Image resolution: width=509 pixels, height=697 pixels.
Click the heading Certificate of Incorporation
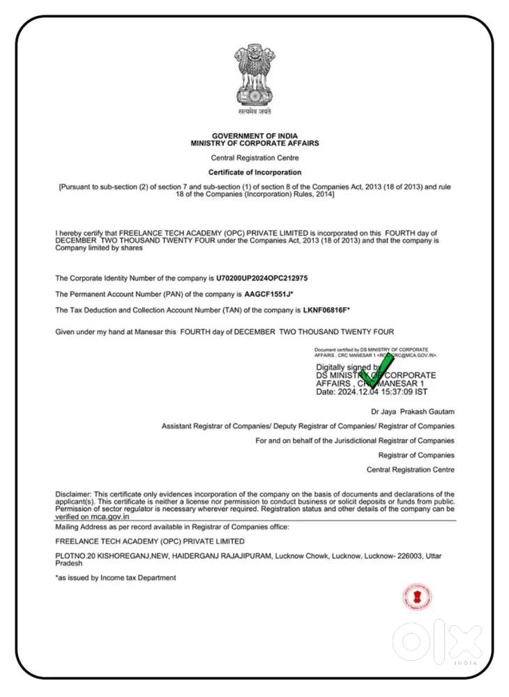[x=254, y=172]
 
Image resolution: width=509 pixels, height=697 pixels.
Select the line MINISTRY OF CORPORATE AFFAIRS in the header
[x=254, y=143]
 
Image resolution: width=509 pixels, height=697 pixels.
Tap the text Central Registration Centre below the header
[x=254, y=158]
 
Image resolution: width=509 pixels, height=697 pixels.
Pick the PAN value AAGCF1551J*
[x=268, y=294]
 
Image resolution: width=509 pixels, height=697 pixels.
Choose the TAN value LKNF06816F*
[x=317, y=309]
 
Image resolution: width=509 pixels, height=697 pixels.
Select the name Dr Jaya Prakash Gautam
[x=413, y=412]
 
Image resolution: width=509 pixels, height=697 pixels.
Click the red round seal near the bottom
[x=416, y=597]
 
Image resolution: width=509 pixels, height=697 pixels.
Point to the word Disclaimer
[x=73, y=494]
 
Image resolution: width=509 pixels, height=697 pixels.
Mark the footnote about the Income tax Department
[x=116, y=578]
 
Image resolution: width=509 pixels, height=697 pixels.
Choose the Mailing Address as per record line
[x=172, y=527]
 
